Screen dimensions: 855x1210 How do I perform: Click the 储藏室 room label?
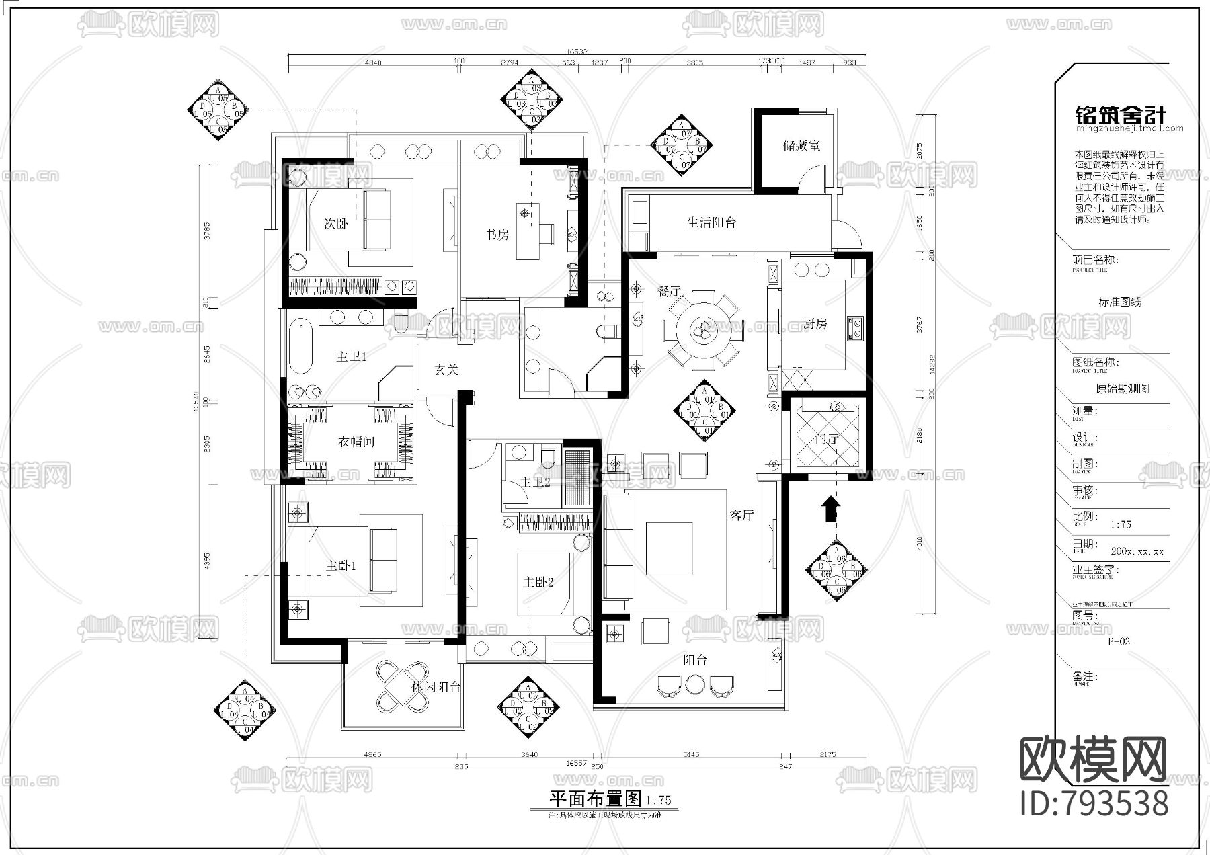click(x=801, y=145)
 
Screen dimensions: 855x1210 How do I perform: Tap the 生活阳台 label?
click(x=711, y=222)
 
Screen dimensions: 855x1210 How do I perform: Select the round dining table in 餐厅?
click(x=703, y=329)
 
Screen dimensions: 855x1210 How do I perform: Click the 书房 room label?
click(x=497, y=234)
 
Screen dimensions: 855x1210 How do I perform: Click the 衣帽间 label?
click(x=356, y=442)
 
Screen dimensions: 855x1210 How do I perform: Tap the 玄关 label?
click(x=446, y=369)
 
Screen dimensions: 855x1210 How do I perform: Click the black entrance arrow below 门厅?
click(x=832, y=509)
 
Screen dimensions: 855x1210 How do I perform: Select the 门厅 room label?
click(x=825, y=440)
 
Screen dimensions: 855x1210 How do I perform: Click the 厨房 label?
click(x=815, y=324)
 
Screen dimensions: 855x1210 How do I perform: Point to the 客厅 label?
click(x=741, y=515)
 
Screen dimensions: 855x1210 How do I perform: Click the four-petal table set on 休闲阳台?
click(x=402, y=687)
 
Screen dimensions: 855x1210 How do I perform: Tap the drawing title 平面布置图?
click(x=597, y=799)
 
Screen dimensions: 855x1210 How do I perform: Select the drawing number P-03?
click(x=1119, y=641)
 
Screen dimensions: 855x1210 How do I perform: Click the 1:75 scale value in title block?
click(x=1121, y=524)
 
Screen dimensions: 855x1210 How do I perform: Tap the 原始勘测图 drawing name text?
click(x=1122, y=389)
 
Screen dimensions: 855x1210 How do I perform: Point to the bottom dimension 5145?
click(x=691, y=754)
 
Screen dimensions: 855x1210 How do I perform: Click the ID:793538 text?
click(x=1094, y=804)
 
